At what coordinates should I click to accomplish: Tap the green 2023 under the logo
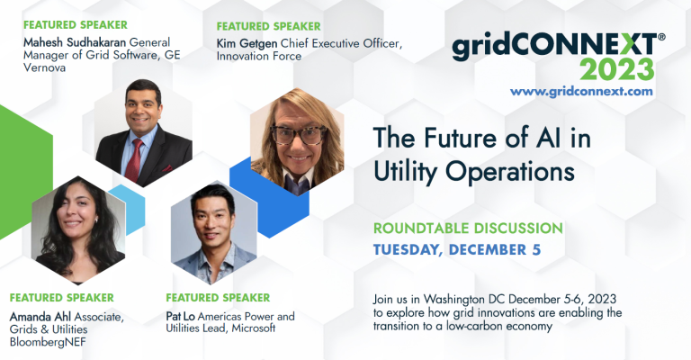click(x=616, y=69)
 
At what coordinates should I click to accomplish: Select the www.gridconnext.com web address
click(x=581, y=91)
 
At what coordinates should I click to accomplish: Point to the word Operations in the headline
click(x=510, y=171)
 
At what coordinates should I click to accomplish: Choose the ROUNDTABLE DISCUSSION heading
click(x=468, y=228)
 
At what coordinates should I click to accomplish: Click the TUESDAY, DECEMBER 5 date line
click(x=457, y=249)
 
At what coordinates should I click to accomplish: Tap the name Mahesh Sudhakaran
click(x=75, y=42)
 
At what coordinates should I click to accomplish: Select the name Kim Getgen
click(x=247, y=43)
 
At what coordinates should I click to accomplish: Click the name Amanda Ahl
click(x=40, y=317)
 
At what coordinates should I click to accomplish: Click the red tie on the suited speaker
click(x=134, y=160)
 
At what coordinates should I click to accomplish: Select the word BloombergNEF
click(x=48, y=342)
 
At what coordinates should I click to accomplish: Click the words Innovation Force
click(x=259, y=56)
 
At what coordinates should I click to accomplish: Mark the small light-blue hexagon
click(x=129, y=210)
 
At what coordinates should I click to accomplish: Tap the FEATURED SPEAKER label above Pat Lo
click(x=218, y=297)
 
